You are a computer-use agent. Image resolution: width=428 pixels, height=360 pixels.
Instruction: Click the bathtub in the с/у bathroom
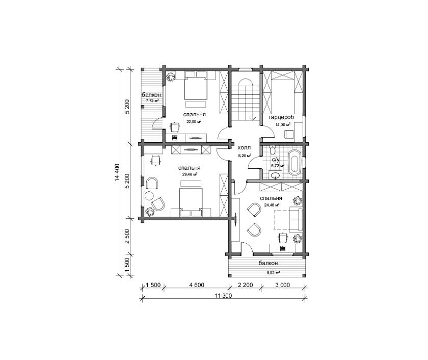(x=295, y=162)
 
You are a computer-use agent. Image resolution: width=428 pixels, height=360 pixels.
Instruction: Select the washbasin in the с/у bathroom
(x=276, y=175)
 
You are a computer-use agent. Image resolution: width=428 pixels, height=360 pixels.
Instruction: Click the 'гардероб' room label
(x=281, y=117)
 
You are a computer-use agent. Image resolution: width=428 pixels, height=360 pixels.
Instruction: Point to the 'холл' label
(x=244, y=148)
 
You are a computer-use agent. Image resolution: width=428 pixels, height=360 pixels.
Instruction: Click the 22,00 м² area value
(x=194, y=121)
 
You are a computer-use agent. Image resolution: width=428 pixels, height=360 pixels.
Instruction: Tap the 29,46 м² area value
(x=190, y=174)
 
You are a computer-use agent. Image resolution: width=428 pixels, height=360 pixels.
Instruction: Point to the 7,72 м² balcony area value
(x=152, y=100)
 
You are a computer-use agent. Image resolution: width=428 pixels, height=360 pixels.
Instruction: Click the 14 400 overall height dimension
(x=117, y=172)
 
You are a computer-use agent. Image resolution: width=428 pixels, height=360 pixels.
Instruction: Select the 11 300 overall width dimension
(x=223, y=295)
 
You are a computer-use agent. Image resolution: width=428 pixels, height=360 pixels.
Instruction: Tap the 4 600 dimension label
(x=196, y=285)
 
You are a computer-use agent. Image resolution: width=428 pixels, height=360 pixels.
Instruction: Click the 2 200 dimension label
(x=245, y=285)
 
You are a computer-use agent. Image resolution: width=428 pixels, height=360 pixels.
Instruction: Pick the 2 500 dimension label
(x=127, y=237)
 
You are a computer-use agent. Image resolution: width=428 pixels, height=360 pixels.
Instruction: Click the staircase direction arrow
(x=253, y=118)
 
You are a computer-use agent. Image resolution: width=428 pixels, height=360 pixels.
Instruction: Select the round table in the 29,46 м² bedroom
(x=149, y=196)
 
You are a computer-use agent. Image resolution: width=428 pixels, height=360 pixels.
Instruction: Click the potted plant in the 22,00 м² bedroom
(x=171, y=77)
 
